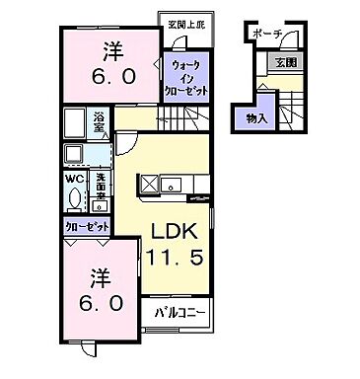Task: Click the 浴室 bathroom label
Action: point(100,122)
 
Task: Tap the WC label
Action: point(73,180)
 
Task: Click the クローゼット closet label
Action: point(87,226)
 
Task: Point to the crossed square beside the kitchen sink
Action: point(149,184)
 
